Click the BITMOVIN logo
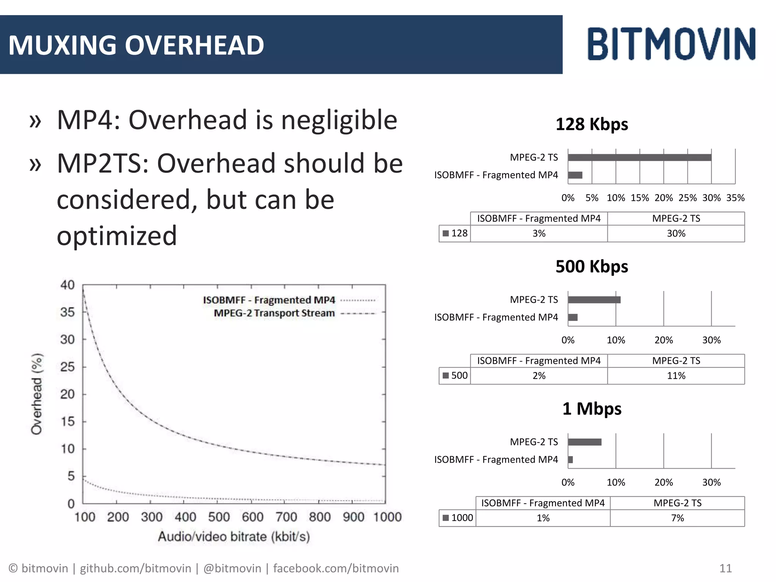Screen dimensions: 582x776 point(671,44)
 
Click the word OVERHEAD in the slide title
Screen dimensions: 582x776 point(194,45)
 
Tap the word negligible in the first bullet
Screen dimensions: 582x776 point(339,120)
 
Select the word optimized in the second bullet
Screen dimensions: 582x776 point(117,236)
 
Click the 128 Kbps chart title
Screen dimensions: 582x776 point(591,124)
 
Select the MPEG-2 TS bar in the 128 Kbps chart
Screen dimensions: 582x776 point(639,158)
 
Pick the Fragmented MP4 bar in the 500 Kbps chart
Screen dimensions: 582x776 point(573,318)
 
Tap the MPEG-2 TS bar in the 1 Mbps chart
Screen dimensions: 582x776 point(585,442)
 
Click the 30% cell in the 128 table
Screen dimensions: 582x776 point(676,233)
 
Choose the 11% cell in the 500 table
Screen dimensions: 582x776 point(676,376)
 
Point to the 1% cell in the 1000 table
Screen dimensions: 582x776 point(543,518)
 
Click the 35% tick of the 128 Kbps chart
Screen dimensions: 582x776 point(735,198)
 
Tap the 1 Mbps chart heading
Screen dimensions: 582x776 point(591,409)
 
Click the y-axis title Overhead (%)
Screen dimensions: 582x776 point(37,394)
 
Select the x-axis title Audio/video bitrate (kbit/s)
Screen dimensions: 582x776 point(234,537)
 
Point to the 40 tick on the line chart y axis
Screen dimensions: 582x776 point(67,285)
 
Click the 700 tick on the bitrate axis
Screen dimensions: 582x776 point(286,517)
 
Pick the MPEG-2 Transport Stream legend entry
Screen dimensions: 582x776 point(274,313)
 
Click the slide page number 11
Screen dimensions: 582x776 point(725,568)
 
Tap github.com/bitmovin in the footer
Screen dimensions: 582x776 point(135,568)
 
